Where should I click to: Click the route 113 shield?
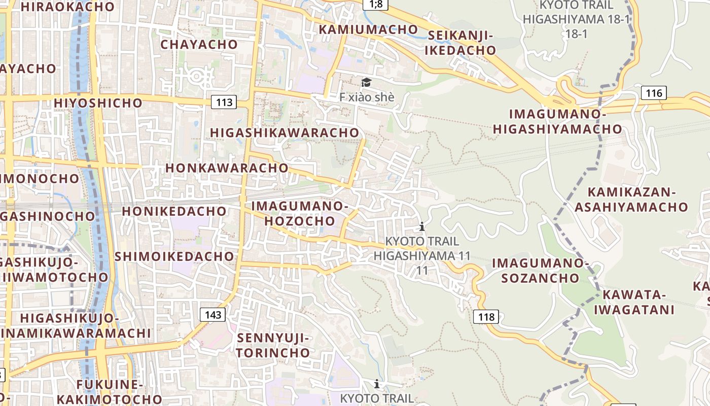click(x=224, y=103)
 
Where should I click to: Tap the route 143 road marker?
click(x=213, y=315)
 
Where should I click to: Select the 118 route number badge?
click(x=486, y=317)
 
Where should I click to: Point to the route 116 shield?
click(x=654, y=93)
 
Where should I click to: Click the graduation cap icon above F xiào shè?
click(x=366, y=82)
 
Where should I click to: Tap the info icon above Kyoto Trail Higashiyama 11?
click(x=421, y=226)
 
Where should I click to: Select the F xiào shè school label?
click(x=366, y=96)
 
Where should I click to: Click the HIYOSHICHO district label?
click(x=98, y=103)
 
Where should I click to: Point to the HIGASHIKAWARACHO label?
click(x=285, y=132)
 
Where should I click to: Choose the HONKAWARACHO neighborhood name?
click(x=227, y=167)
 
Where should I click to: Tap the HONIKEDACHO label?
click(x=174, y=211)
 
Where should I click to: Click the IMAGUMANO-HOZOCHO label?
click(x=300, y=214)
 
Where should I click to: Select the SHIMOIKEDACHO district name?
click(x=174, y=256)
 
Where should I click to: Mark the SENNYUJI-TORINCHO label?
click(x=273, y=345)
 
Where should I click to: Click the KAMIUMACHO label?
click(x=368, y=29)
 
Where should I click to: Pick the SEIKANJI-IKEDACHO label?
click(x=460, y=43)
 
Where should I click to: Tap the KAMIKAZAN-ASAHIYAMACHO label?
click(x=631, y=200)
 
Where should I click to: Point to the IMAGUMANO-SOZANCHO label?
click(x=540, y=270)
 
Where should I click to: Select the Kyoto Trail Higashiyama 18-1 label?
click(x=576, y=19)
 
